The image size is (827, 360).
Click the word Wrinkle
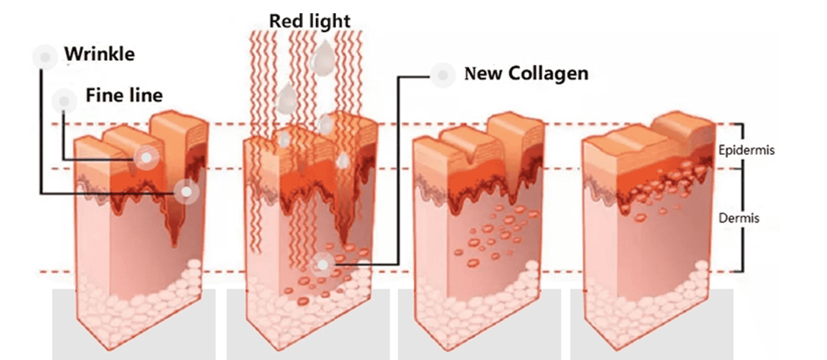click(99, 55)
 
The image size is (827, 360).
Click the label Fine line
click(124, 95)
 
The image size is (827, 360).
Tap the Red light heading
click(309, 21)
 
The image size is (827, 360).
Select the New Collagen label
click(527, 73)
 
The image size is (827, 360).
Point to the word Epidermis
click(747, 150)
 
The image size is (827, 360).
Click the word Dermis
click(739, 218)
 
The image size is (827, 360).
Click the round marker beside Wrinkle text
click(45, 57)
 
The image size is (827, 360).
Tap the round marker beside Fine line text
click(64, 101)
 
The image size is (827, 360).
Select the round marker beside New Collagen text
click(442, 75)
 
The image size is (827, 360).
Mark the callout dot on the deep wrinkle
click(186, 191)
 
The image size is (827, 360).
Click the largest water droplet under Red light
click(321, 58)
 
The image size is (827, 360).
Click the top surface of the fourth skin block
click(623, 138)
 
